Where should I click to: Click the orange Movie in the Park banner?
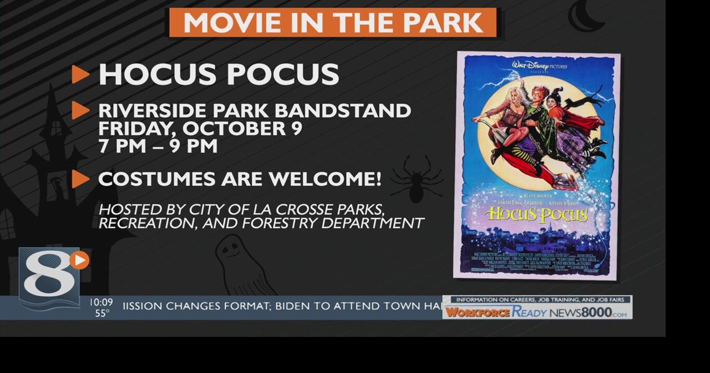click(333, 23)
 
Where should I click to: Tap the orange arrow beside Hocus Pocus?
click(80, 74)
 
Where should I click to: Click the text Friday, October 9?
click(200, 128)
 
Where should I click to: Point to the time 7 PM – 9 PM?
click(158, 146)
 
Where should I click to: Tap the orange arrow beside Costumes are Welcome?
click(80, 179)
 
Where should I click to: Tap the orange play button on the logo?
click(80, 260)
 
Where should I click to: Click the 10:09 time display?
click(101, 303)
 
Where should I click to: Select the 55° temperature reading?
click(102, 314)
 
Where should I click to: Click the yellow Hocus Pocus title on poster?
click(536, 214)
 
